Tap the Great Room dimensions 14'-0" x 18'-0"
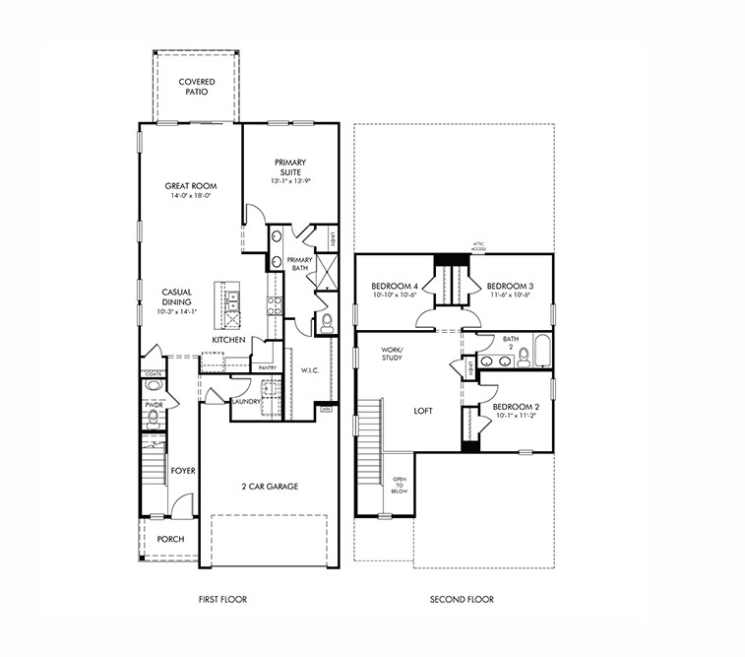pos(191,196)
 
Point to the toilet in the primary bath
pos(326,322)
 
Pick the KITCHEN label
pos(228,340)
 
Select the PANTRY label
pos(266,367)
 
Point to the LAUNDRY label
pos(245,402)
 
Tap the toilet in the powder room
pos(153,418)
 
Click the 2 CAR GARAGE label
pos(269,487)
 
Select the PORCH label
pos(170,539)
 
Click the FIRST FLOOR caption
pos(222,599)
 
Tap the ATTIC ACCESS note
pos(479,246)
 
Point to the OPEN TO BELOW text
pos(400,487)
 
